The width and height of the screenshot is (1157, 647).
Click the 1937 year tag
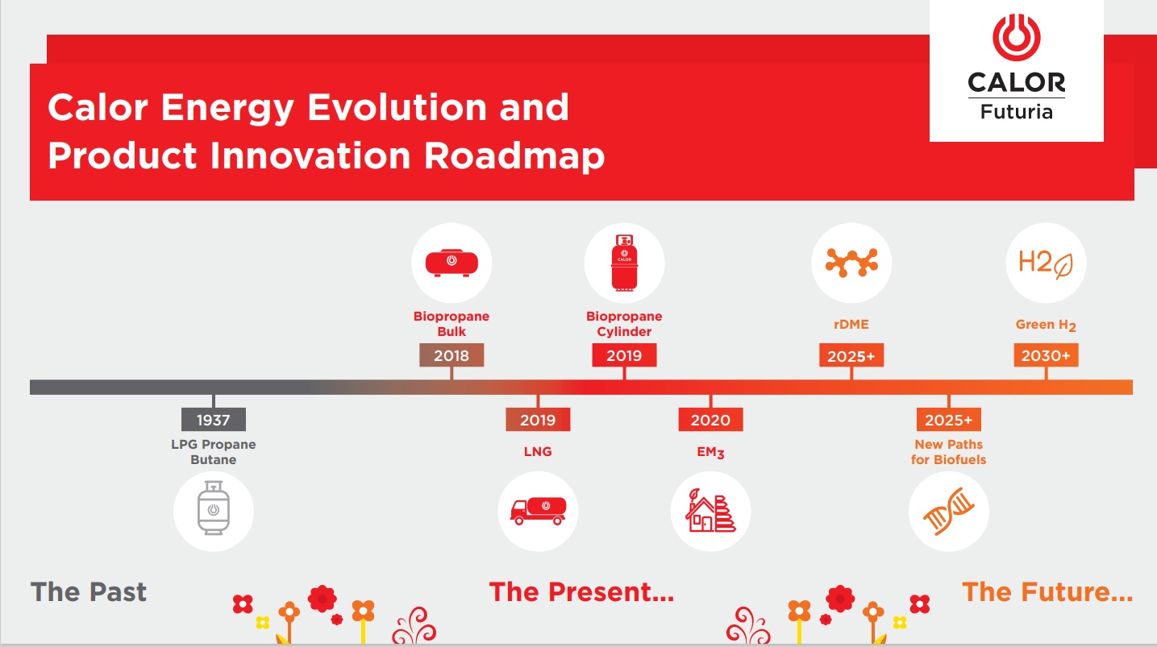point(214,419)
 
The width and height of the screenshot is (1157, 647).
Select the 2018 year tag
point(452,355)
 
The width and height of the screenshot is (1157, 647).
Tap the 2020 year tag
point(711,419)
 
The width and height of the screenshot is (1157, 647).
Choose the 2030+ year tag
point(1046,355)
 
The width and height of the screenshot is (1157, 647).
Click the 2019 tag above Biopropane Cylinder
point(624,355)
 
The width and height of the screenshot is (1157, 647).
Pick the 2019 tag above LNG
point(538,419)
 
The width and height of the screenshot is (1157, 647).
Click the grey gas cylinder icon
point(214,508)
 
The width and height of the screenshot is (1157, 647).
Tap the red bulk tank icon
point(452,263)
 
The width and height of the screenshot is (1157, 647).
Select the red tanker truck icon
point(538,511)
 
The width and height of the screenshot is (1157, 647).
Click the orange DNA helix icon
point(948,511)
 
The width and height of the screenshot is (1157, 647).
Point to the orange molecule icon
point(851,263)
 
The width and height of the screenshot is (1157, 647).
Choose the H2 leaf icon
point(1046,263)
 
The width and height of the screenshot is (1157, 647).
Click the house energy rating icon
point(711,510)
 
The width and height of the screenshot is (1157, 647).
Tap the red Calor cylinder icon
point(624,263)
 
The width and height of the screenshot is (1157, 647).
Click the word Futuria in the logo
point(1017,111)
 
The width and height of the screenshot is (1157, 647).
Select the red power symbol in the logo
point(1017,37)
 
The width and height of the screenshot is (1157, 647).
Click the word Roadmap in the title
point(514,156)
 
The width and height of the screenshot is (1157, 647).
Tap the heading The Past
point(89,591)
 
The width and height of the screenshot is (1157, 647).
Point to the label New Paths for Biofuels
point(948,452)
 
